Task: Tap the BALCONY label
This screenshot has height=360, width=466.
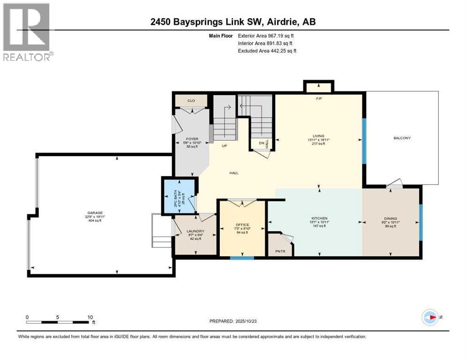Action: [402, 138]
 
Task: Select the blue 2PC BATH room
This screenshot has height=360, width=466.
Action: [179, 195]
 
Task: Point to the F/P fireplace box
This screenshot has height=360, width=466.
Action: [319, 87]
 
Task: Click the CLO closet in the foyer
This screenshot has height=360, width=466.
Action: [191, 100]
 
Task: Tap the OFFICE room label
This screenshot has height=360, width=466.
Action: [242, 225]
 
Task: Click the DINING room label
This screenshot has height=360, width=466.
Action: [391, 218]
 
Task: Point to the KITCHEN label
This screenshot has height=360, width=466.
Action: [319, 218]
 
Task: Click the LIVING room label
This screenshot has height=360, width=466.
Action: [319, 136]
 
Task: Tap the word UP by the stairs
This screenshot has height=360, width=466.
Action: [225, 146]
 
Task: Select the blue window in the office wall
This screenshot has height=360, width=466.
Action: [242, 257]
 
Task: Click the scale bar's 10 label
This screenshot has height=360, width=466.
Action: [90, 317]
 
